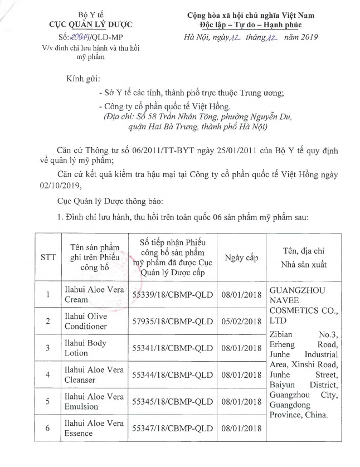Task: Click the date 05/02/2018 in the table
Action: point(241,322)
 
